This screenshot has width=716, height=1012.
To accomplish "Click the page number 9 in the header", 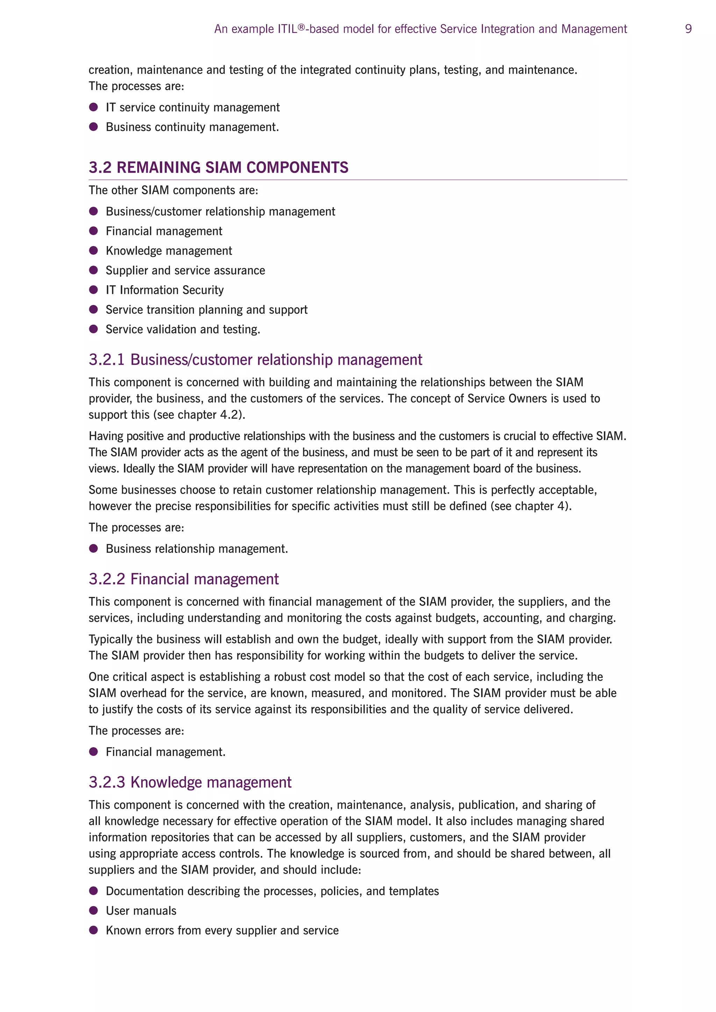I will [x=688, y=29].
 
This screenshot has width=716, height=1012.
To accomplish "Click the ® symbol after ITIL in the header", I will [x=302, y=27].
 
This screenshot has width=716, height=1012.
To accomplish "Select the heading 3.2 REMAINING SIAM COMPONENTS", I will [x=218, y=167].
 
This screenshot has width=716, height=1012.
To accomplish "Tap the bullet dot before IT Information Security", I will [x=93, y=290].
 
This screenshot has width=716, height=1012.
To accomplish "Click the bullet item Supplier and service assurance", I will [x=185, y=270].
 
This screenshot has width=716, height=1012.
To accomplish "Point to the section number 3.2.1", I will [x=106, y=360].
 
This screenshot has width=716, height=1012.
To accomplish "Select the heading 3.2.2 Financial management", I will [x=184, y=579].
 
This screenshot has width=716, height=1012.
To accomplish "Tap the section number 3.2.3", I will [x=106, y=782].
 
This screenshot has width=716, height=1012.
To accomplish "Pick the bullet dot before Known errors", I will [x=93, y=930].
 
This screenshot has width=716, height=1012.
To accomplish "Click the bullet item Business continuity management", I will [x=192, y=127].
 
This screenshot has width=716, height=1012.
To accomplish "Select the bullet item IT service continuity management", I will [x=193, y=108].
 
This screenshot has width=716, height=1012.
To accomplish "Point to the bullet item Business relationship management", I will [x=196, y=549].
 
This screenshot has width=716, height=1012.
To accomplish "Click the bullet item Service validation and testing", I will [x=183, y=329].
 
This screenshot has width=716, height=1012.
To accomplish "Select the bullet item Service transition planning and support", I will [x=206, y=309].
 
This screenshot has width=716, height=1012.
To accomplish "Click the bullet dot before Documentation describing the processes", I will [x=93, y=891].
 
